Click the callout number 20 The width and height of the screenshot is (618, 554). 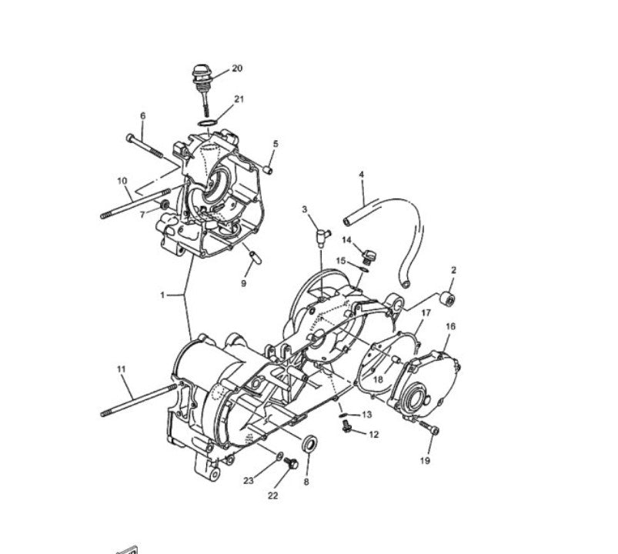click(x=237, y=68)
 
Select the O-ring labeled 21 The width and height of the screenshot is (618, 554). click(x=206, y=123)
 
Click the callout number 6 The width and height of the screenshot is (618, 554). click(x=142, y=116)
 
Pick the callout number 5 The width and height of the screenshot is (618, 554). click(x=276, y=144)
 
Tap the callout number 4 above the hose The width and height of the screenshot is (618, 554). click(x=361, y=175)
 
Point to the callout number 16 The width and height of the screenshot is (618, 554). click(x=450, y=326)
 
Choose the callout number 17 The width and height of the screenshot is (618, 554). click(x=426, y=312)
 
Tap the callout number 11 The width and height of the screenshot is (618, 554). click(x=121, y=369)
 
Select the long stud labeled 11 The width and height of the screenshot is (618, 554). click(x=139, y=401)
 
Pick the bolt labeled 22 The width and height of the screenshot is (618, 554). click(x=290, y=462)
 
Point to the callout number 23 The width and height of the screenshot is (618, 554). click(x=249, y=481)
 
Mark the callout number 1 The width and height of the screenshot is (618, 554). click(x=162, y=295)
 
